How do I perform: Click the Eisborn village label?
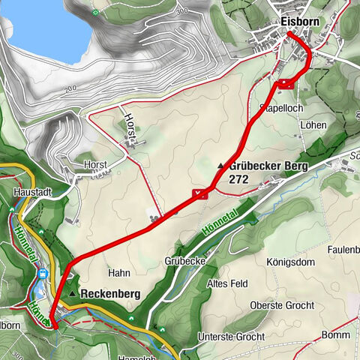click(x=301, y=22)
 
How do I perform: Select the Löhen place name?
click(x=313, y=126)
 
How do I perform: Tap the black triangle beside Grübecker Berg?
click(x=220, y=166)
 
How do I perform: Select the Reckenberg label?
click(x=110, y=295)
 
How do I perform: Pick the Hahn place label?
click(x=119, y=274)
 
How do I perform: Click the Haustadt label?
click(x=32, y=192)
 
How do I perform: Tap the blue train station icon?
click(x=44, y=274)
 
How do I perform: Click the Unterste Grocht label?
click(x=232, y=337)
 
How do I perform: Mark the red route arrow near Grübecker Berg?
click(x=199, y=194)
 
